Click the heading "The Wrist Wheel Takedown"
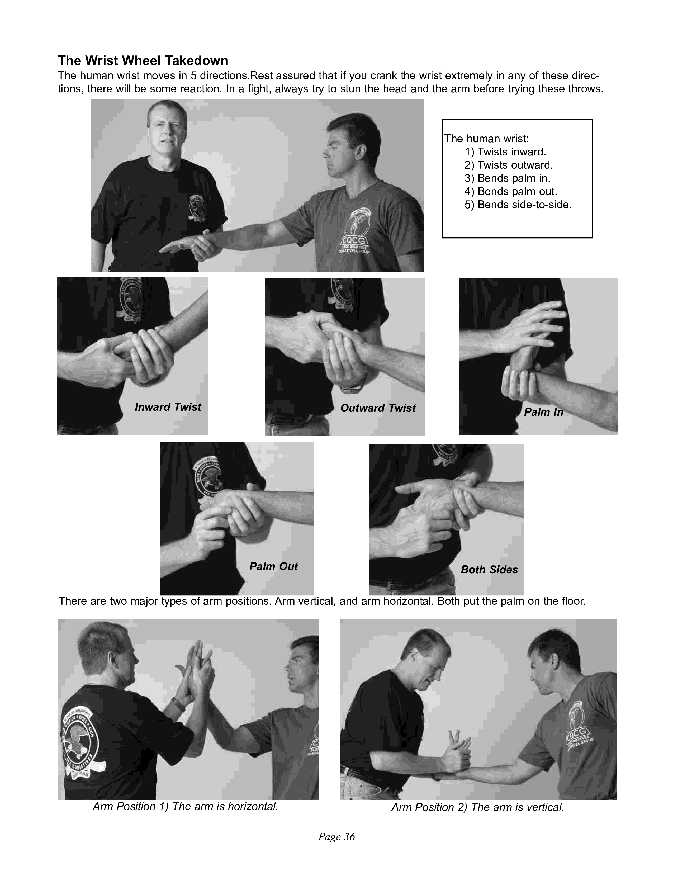143,61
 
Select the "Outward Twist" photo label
378,408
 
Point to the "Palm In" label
543,412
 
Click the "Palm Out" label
273,566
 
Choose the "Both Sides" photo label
489,570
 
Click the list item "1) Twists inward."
505,152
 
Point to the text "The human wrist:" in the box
487,139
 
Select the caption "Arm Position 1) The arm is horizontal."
185,806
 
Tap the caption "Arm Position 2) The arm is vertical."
478,807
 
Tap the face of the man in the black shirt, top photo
166,132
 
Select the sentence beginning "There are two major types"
322,601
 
